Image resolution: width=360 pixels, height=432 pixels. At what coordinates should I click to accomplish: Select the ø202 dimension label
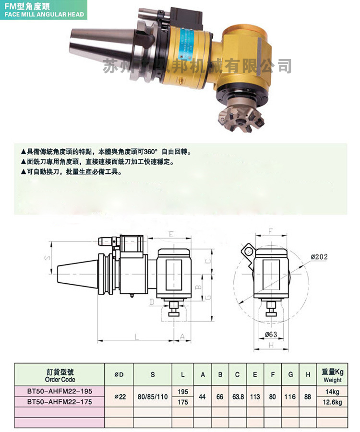(x=319, y=257)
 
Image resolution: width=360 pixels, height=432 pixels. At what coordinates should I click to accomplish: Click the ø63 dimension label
(x=271, y=334)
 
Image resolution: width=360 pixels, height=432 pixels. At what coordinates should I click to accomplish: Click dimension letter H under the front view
(x=271, y=346)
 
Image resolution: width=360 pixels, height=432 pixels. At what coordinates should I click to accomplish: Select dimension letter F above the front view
(x=270, y=232)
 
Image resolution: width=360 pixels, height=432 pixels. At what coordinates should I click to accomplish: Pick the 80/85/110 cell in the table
(x=153, y=397)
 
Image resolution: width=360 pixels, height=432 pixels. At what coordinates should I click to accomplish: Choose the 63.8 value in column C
(x=238, y=397)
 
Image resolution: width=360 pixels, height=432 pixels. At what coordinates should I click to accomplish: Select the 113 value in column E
(x=255, y=397)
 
